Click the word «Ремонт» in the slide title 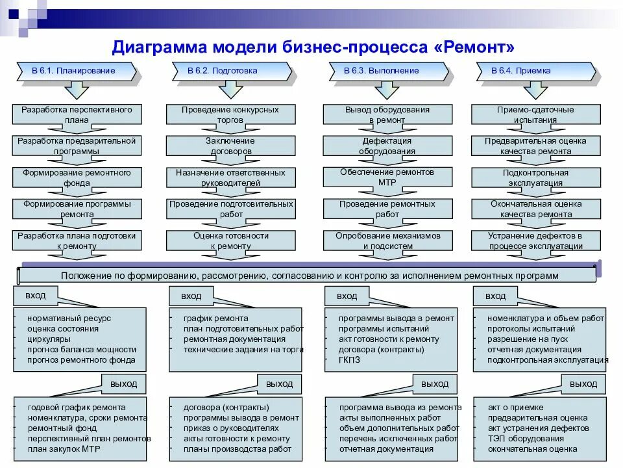tap(471, 47)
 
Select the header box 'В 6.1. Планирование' tap(74, 71)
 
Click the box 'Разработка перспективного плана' tap(77, 114)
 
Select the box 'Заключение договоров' tap(230, 146)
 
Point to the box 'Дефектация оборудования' tap(387, 146)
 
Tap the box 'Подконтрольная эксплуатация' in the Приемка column tap(535, 177)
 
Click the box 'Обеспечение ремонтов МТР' tap(387, 177)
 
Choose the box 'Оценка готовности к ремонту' tap(230, 240)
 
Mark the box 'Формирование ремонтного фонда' tap(77, 177)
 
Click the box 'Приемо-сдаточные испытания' tap(535, 114)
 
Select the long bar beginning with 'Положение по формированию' tap(309, 276)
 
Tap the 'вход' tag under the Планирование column tap(36, 296)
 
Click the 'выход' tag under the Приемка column tap(583, 384)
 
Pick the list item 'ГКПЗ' tap(349, 359)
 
